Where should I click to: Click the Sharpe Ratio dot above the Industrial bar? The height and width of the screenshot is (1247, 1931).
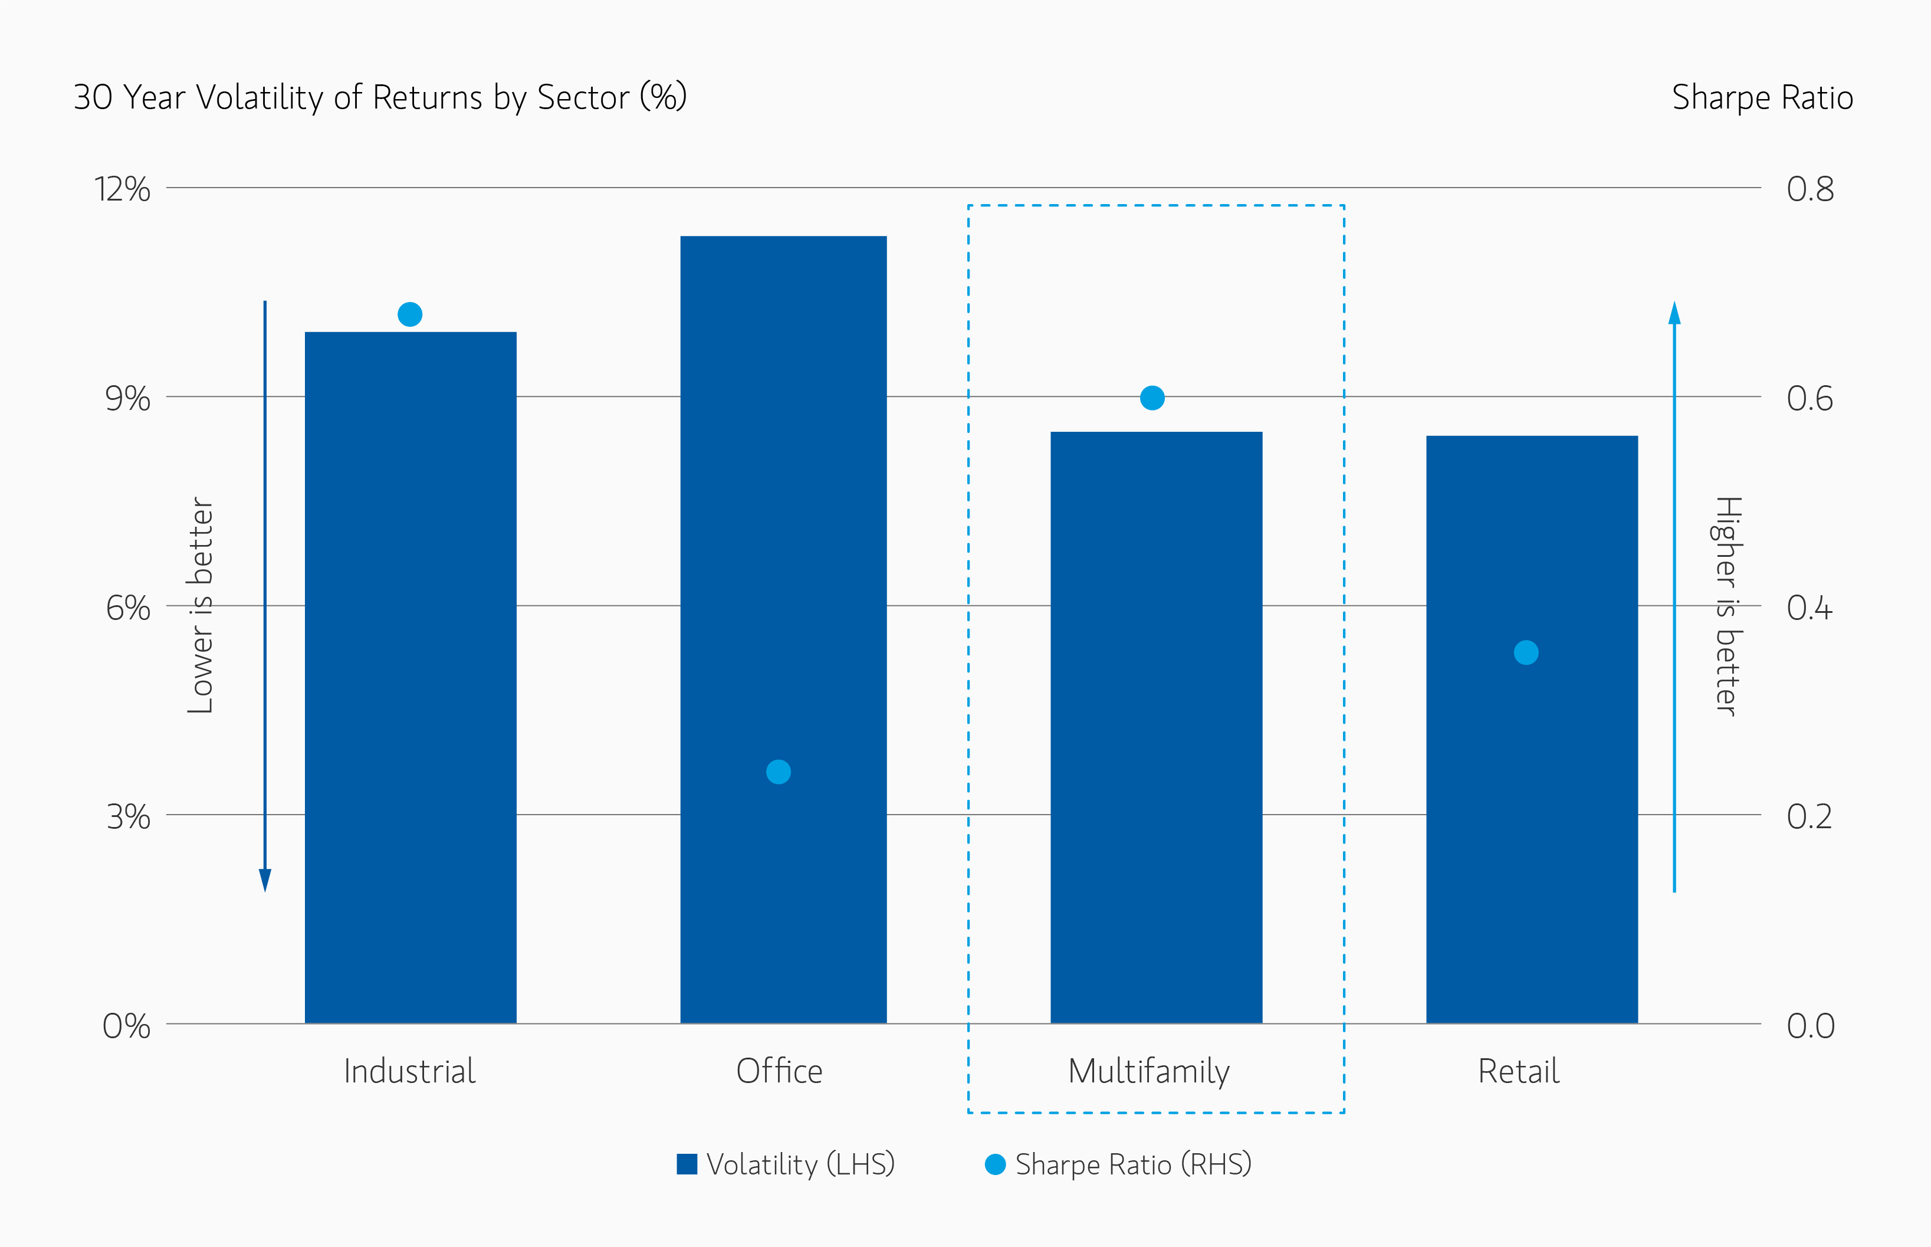coord(410,314)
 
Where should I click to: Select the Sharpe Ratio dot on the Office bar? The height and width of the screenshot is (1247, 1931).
coord(778,772)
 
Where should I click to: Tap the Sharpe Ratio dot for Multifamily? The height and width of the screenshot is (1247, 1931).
coord(1152,398)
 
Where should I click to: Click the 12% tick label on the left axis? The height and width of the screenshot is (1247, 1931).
coord(122,189)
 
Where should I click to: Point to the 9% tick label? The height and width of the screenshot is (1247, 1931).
coord(127,398)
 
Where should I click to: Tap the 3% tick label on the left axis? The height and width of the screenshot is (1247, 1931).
coord(128,816)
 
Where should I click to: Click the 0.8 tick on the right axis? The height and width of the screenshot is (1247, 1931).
coord(1810,189)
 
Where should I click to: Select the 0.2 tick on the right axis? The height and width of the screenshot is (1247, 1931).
coord(1810,816)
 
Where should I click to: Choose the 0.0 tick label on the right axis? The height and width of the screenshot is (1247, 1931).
coord(1810,1026)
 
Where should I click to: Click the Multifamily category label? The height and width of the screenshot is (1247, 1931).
coord(1149,1071)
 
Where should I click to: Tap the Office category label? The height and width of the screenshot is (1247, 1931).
coord(779,1071)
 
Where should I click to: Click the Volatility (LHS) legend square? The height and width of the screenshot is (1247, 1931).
coord(687,1164)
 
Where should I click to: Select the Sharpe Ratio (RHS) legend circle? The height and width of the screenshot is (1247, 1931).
coord(995,1164)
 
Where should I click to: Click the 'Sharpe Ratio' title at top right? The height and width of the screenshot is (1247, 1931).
coord(1762,97)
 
